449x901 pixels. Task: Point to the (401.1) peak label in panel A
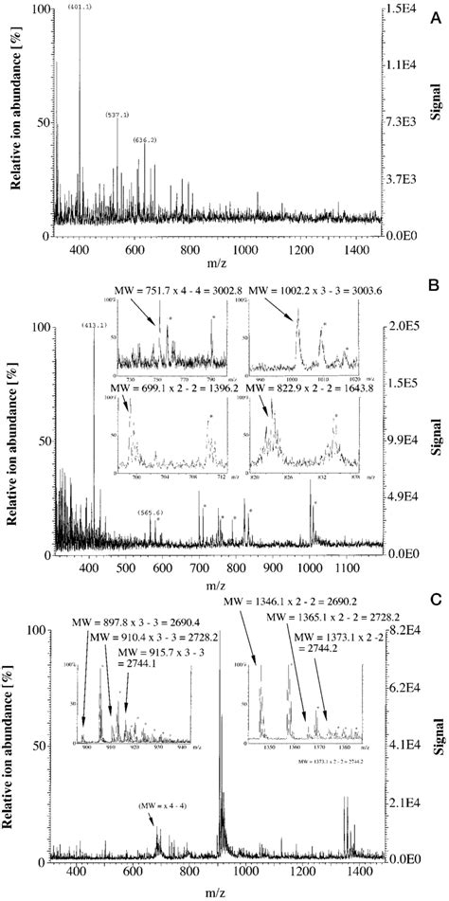81,7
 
